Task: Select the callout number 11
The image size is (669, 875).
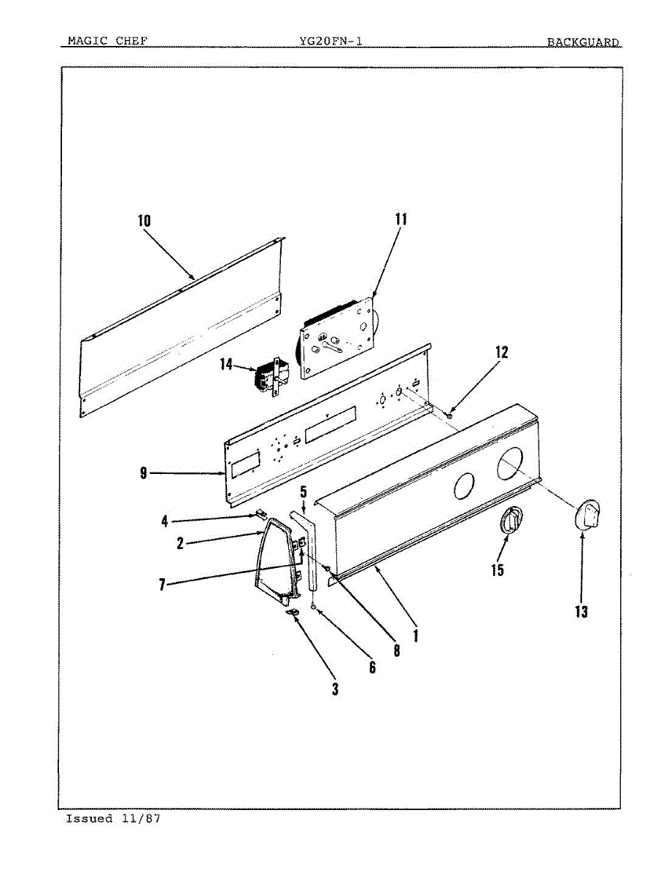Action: [401, 219]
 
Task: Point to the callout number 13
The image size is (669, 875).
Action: [581, 612]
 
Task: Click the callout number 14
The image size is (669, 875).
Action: [227, 364]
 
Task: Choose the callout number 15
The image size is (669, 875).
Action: [497, 569]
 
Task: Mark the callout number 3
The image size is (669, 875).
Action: [335, 688]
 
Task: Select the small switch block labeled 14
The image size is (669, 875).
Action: [268, 376]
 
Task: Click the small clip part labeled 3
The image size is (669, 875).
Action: [294, 615]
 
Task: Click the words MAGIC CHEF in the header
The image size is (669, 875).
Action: [107, 41]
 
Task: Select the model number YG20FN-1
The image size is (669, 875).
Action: [330, 42]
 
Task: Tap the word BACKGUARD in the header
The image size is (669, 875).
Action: [583, 42]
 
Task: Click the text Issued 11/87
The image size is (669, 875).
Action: [113, 819]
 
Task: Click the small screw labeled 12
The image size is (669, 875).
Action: [450, 415]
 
